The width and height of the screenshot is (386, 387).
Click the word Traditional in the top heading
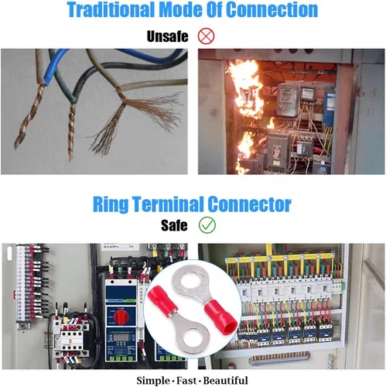111,10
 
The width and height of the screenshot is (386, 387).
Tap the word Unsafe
167,36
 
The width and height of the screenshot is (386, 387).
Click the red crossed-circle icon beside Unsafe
206,36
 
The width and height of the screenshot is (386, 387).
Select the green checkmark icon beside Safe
207,225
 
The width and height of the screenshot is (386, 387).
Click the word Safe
174,225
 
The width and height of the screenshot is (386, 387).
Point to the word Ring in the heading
111,204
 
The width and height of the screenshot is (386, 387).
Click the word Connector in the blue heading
249,204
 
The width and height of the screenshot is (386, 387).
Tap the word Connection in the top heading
272,10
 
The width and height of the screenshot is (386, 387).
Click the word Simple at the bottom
153,381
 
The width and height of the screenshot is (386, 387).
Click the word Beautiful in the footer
226,381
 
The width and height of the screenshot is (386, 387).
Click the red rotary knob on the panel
121,315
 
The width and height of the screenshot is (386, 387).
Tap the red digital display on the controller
121,337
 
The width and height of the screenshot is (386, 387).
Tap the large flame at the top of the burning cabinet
245,87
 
